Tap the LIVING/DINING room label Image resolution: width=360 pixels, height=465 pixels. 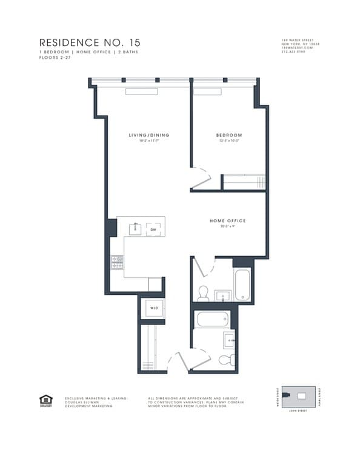click(x=148, y=135)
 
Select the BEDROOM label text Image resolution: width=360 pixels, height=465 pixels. click(x=229, y=135)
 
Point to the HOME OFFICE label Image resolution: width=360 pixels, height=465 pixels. click(x=227, y=221)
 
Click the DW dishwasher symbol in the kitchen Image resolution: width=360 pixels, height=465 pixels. click(x=153, y=229)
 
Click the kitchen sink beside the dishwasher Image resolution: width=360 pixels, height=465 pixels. click(x=136, y=228)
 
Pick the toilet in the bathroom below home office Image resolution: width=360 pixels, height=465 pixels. click(x=204, y=293)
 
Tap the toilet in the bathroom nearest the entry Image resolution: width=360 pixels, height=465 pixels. click(x=225, y=361)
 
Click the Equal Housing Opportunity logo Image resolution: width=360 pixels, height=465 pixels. click(x=45, y=400)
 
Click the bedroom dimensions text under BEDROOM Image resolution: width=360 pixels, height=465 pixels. click(x=229, y=141)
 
